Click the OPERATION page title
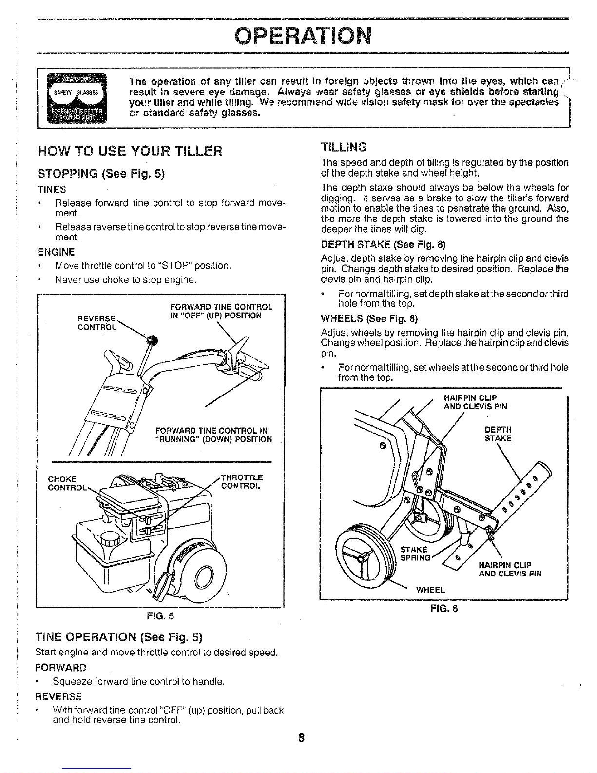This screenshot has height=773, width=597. tap(303, 35)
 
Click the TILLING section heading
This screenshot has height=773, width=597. tap(344, 147)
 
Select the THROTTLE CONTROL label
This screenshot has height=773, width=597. tap(242, 482)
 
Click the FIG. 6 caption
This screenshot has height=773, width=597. tap(444, 608)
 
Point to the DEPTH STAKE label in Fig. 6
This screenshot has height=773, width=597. tap(498, 434)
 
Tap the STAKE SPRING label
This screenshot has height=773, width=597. tap(415, 554)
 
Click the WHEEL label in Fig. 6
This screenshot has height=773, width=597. tap(430, 590)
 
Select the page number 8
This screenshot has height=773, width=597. tap(302, 738)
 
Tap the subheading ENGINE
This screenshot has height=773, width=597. tap(57, 252)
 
